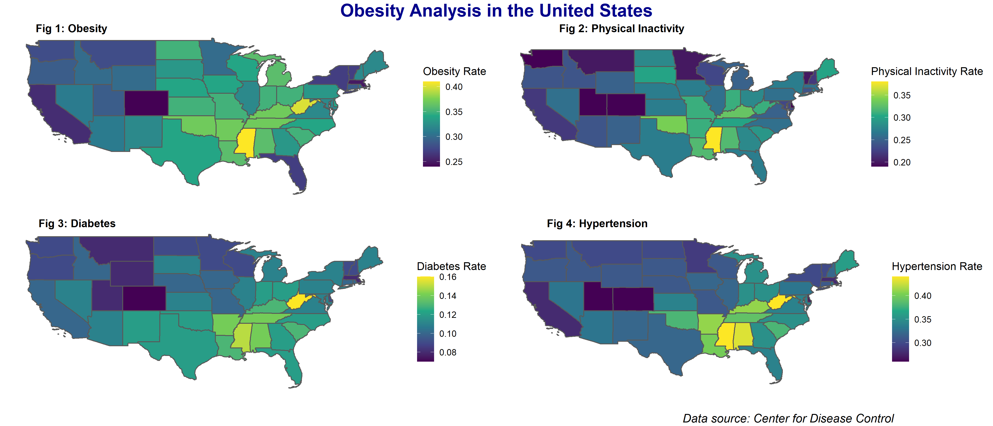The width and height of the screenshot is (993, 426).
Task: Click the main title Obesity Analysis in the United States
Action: click(x=496, y=11)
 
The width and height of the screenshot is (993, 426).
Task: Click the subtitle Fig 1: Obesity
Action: click(x=71, y=29)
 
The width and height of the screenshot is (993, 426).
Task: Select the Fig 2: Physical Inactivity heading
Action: click(x=621, y=29)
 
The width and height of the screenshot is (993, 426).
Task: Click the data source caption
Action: click(x=788, y=418)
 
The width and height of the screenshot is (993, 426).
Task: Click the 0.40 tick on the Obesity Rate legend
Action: click(x=454, y=87)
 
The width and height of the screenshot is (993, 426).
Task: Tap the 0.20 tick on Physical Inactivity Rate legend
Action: click(x=902, y=162)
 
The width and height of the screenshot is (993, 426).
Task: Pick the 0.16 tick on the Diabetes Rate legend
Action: click(x=448, y=277)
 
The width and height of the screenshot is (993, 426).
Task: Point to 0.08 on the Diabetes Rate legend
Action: click(x=448, y=353)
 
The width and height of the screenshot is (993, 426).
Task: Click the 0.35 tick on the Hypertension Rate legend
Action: click(x=923, y=319)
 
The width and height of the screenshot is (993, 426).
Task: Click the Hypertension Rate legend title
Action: click(x=937, y=266)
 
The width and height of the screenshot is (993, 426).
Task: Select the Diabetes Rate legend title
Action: click(x=451, y=266)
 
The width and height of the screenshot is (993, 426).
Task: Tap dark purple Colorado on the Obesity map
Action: click(x=147, y=103)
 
